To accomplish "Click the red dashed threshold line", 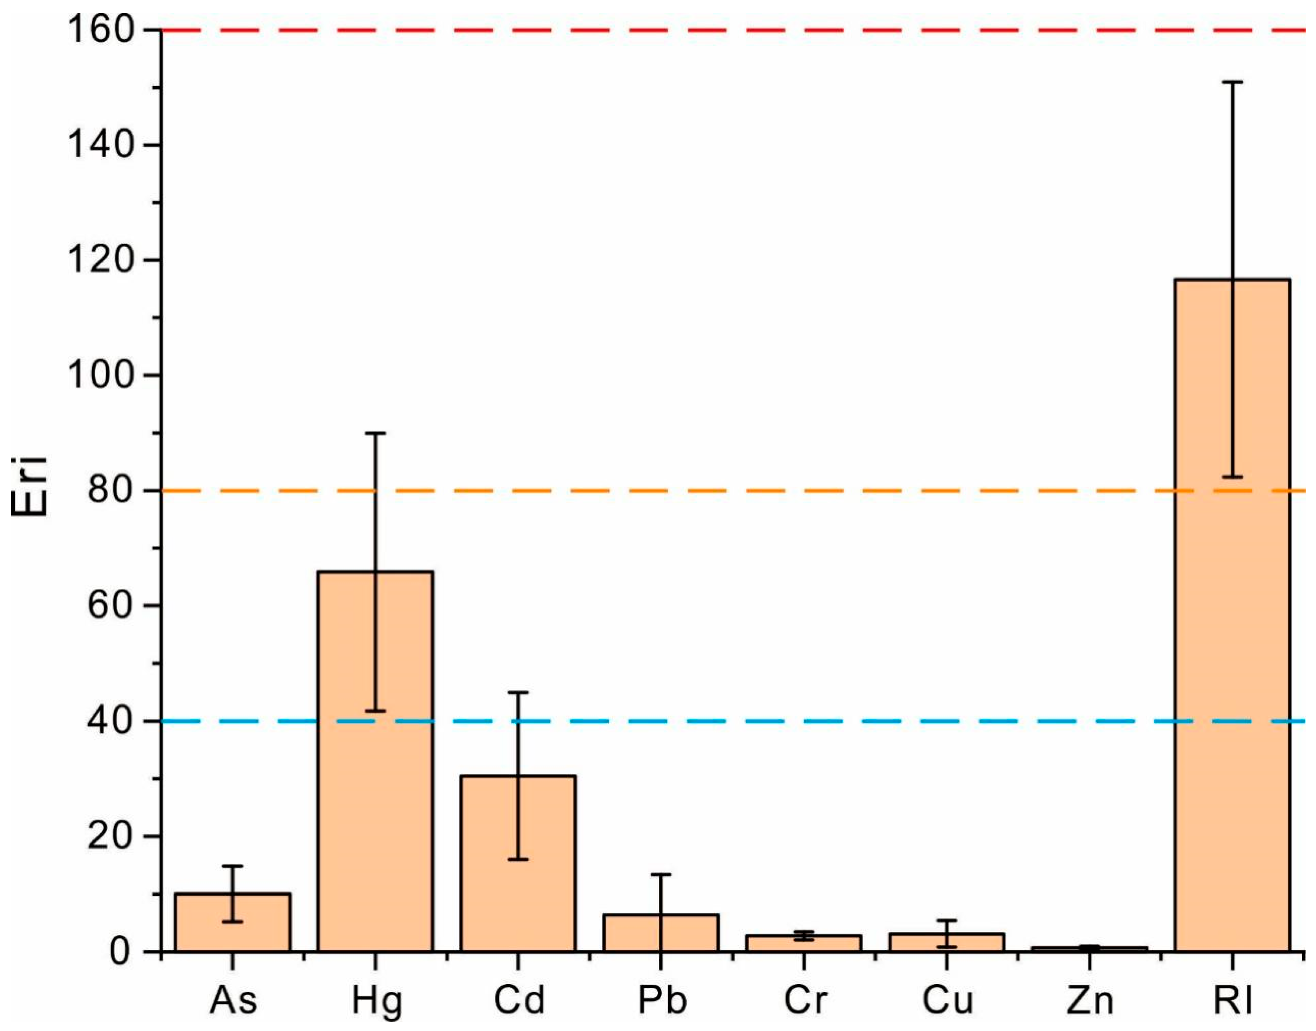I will point(724,30).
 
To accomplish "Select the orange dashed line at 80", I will point(724,491).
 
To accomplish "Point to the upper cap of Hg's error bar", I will point(375,433).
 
